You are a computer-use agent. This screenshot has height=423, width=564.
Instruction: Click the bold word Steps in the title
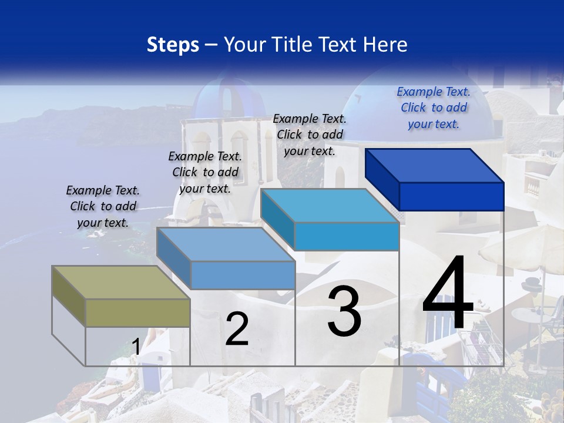(173, 45)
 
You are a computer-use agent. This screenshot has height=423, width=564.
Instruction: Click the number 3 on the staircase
(344, 311)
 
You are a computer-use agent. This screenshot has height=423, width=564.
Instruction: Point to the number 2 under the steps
(237, 329)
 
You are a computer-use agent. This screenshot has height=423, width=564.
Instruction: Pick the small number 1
(136, 347)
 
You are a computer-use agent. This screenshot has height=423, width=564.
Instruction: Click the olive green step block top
(112, 283)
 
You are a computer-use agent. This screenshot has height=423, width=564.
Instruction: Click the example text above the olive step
(103, 206)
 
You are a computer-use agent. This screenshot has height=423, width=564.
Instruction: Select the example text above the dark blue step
(434, 108)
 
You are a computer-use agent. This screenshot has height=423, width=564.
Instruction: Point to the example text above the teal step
(310, 135)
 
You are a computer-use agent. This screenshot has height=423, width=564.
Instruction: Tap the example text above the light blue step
(205, 172)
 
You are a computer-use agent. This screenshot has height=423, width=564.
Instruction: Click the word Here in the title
(387, 45)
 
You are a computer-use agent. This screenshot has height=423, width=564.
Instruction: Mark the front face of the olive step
(137, 313)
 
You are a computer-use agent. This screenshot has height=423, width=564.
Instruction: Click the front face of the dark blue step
(451, 196)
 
